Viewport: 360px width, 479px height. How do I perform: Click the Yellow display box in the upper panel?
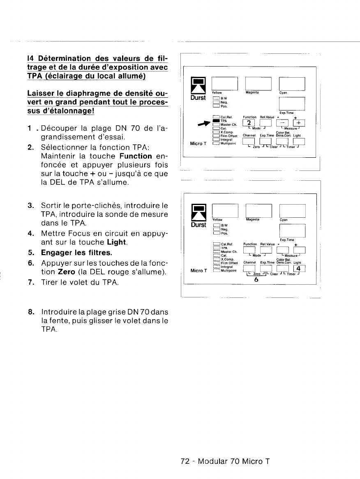coord(225,84)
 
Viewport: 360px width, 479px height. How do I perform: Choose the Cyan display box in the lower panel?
coord(291,210)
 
